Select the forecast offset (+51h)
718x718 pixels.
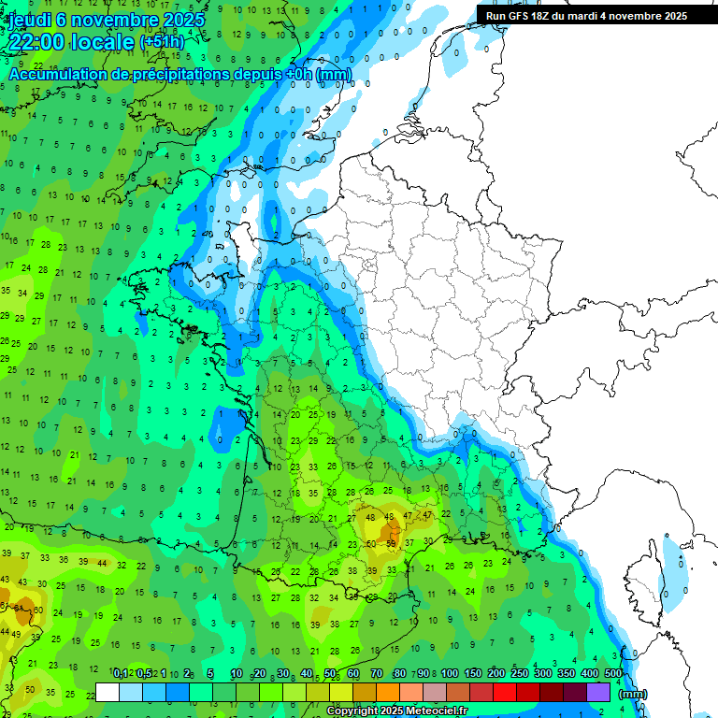162,42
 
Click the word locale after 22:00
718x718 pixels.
107,42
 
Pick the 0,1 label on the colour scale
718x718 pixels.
121,673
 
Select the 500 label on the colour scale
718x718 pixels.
613,673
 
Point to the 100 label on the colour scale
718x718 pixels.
450,673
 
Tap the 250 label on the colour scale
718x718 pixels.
520,673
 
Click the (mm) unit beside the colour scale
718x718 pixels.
633,694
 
